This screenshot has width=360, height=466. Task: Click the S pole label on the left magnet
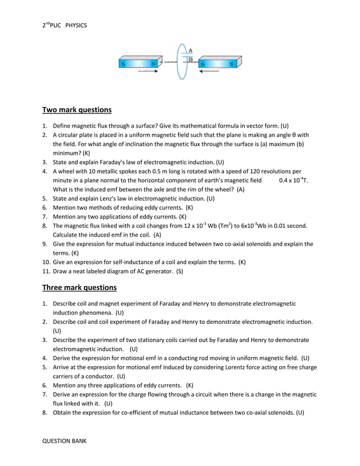(123, 64)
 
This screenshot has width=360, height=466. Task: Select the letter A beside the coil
(191, 50)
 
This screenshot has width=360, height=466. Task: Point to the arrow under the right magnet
(209, 72)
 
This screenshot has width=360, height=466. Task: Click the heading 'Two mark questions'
(77, 109)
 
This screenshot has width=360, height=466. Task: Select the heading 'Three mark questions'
(80, 288)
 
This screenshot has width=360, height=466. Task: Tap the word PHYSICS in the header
(76, 26)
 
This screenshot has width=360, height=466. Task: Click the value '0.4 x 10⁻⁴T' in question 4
(294, 180)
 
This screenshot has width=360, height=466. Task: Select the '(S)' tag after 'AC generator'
(179, 271)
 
